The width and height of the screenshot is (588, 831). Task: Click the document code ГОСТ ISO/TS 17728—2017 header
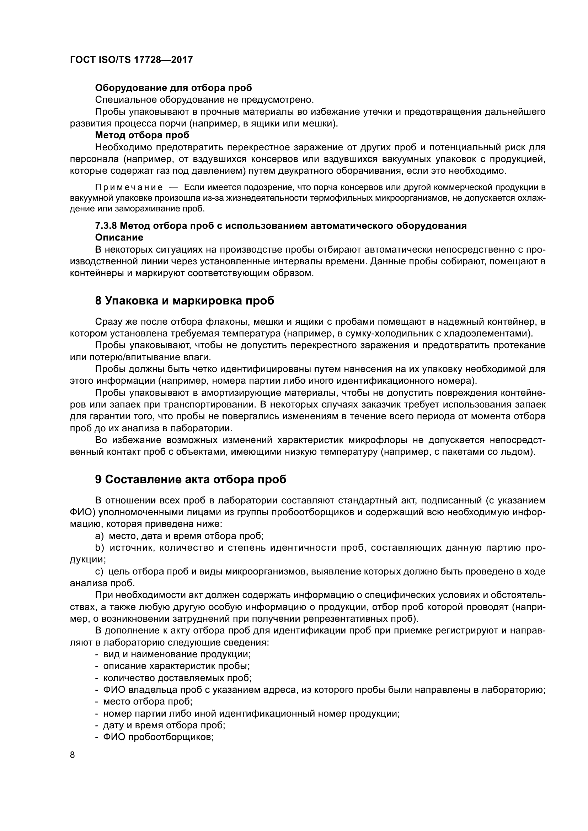point(131,60)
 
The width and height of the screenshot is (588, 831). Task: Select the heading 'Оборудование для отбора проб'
point(173,88)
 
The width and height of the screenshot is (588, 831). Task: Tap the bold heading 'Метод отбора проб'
point(142,135)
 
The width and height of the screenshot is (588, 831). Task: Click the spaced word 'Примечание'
point(129,188)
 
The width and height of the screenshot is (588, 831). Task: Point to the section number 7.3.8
point(106,226)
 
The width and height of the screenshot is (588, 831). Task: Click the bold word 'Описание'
point(119,237)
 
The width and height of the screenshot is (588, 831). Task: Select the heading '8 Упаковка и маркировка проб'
point(185,301)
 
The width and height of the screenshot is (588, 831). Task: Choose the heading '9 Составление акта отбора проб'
point(191,479)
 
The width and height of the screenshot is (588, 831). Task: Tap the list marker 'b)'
point(99,548)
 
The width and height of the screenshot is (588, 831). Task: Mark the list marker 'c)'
point(99,572)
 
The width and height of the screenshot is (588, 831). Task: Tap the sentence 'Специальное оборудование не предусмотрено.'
point(204,99)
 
